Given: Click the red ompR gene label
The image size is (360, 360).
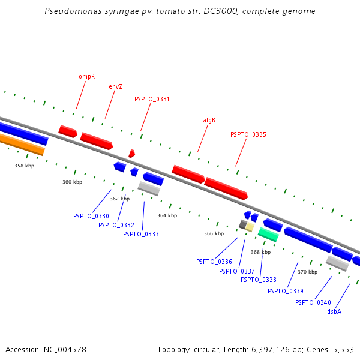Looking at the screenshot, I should coord(86,77).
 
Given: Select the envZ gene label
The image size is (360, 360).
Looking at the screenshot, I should coord(115,86).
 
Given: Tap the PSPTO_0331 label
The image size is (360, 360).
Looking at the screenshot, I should coord(152,100).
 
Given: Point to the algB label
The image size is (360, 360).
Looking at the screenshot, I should coord(209,120).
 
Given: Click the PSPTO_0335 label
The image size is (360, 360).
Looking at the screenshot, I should coord(248,135).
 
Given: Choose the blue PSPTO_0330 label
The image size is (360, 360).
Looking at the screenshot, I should coord(91,216).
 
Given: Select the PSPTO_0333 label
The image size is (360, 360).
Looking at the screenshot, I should coord(141,234).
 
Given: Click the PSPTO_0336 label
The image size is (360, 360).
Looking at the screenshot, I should coord(214,262).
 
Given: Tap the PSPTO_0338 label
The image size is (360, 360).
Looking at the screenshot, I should coord(259,280).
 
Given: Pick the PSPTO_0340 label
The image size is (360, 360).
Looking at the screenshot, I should coord(313,302).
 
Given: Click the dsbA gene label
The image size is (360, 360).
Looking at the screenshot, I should coord(334,312).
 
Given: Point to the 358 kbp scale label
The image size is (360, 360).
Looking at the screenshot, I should coord(25,166).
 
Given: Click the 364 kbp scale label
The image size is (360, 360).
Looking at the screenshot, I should coord(167,215).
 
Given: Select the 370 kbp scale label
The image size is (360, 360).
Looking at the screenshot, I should coord(307,272).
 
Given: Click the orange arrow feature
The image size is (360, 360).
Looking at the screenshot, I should coord(22,144).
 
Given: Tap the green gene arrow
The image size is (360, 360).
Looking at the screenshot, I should coord(268,235).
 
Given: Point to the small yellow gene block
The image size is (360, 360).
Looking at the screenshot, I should coord(249,227).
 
